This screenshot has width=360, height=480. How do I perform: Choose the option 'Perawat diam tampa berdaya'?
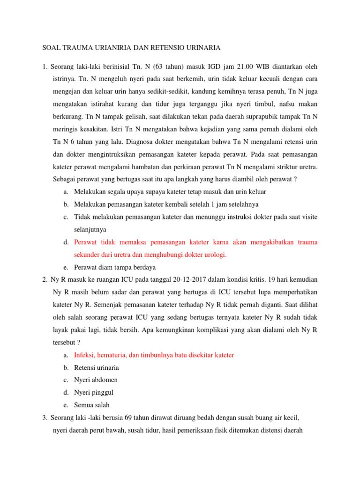pos(115,267)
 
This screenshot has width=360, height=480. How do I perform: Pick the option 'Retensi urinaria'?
pos(97,367)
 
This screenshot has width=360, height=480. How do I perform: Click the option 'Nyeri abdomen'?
pos(96,380)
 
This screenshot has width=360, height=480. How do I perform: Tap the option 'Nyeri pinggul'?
pos(94,392)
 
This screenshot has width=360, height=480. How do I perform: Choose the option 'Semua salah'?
pos(91,405)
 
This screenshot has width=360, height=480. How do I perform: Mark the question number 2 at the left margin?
pos(44,280)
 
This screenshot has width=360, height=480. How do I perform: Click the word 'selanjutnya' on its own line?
pos(90,230)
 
